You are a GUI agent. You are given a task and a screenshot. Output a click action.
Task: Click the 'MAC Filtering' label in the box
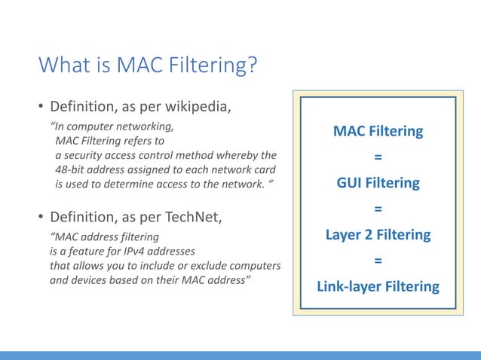pyautogui.click(x=378, y=132)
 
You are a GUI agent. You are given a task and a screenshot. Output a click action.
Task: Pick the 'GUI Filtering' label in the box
pyautogui.click(x=378, y=183)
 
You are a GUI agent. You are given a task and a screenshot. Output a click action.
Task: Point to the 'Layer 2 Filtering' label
pyautogui.click(x=378, y=234)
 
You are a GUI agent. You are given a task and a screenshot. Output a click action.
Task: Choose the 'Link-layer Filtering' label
pyautogui.click(x=378, y=286)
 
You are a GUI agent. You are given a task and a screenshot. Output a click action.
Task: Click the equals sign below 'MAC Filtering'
pyautogui.click(x=378, y=157)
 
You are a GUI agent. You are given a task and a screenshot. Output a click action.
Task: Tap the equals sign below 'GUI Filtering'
pyautogui.click(x=378, y=209)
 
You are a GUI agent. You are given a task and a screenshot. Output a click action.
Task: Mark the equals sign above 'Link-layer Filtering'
pyautogui.click(x=378, y=261)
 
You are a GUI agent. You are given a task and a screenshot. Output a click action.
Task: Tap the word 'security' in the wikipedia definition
pyautogui.click(x=87, y=155)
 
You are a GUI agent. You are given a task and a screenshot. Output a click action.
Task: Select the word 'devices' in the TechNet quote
pyautogui.click(x=89, y=280)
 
